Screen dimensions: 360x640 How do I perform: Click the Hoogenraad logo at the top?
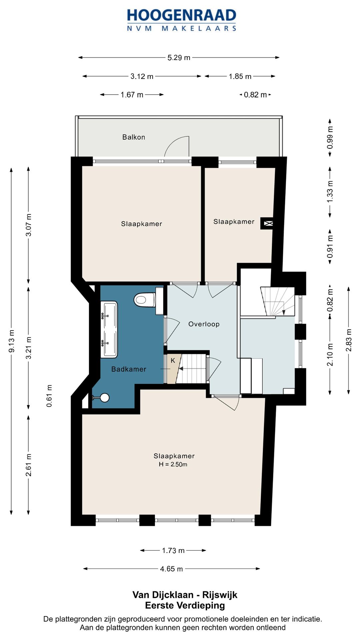pyautogui.click(x=182, y=20)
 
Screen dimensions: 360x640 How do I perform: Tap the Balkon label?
pyautogui.click(x=134, y=137)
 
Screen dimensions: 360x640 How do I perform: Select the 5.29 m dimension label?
pyautogui.click(x=179, y=58)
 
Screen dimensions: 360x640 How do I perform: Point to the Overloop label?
pyautogui.click(x=204, y=324)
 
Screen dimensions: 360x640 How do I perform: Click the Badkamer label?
pyautogui.click(x=129, y=369)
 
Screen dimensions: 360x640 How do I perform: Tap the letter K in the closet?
pyautogui.click(x=173, y=361)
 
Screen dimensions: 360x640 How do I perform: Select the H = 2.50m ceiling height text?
pyautogui.click(x=173, y=464)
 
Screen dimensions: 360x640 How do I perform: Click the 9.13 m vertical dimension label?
pyautogui.click(x=12, y=341)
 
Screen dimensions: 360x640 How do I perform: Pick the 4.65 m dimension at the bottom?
pyautogui.click(x=171, y=569)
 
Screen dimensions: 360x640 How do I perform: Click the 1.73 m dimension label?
pyautogui.click(x=173, y=550)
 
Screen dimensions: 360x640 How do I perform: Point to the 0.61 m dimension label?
pyautogui.click(x=49, y=396)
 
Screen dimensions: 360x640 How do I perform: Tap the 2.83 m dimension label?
pyautogui.click(x=349, y=340)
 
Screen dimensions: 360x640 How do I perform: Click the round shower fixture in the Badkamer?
pyautogui.click(x=105, y=397)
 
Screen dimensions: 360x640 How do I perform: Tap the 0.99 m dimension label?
pyautogui.click(x=330, y=138)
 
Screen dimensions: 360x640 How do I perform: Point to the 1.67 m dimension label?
pyautogui.click(x=132, y=95)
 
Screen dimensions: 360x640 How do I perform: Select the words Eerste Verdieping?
pyautogui.click(x=185, y=605)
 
